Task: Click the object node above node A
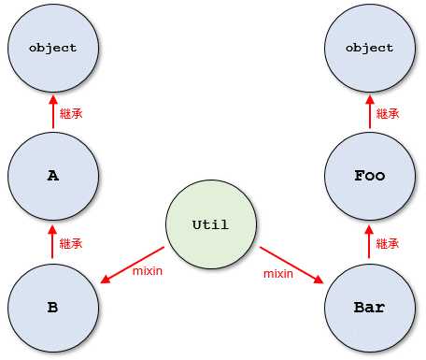point(53,47)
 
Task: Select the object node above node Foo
point(370,47)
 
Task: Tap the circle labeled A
point(53,176)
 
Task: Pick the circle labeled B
point(53,306)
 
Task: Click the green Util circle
point(211,225)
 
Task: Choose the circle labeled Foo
point(370,176)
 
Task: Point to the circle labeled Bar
point(370,306)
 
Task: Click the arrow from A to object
point(53,112)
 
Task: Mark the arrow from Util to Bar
point(291,265)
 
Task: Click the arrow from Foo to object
point(370,112)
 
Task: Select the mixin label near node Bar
point(277,274)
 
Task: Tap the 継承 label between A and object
point(71,114)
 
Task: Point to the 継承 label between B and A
point(71,243)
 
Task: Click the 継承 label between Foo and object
point(388,114)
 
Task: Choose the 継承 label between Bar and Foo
point(388,243)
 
